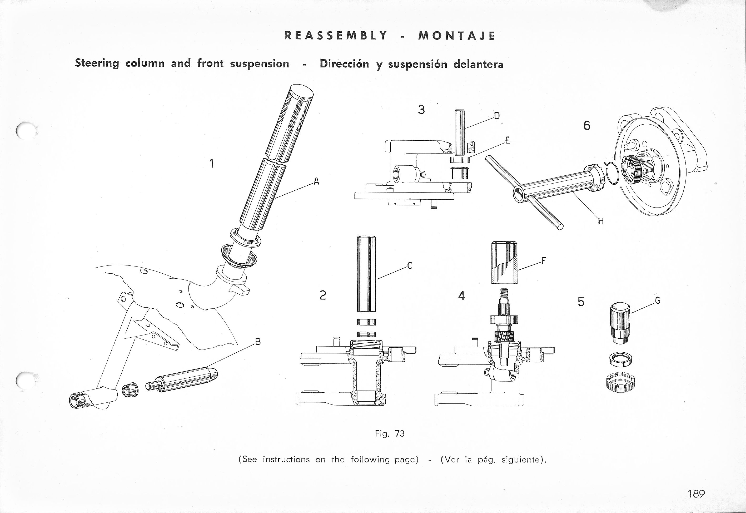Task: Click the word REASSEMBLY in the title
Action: click(x=336, y=35)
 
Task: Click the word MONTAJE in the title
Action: click(x=456, y=35)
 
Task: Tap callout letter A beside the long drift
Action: click(x=316, y=182)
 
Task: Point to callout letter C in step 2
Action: click(x=410, y=266)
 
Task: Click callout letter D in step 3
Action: click(x=497, y=116)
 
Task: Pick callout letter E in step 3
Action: click(x=508, y=140)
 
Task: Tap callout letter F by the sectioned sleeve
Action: click(x=544, y=261)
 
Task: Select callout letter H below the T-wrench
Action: click(x=601, y=221)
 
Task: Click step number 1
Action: click(x=211, y=164)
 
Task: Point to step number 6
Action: click(x=587, y=126)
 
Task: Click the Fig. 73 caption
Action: click(x=390, y=434)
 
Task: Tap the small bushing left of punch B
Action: click(x=131, y=389)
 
